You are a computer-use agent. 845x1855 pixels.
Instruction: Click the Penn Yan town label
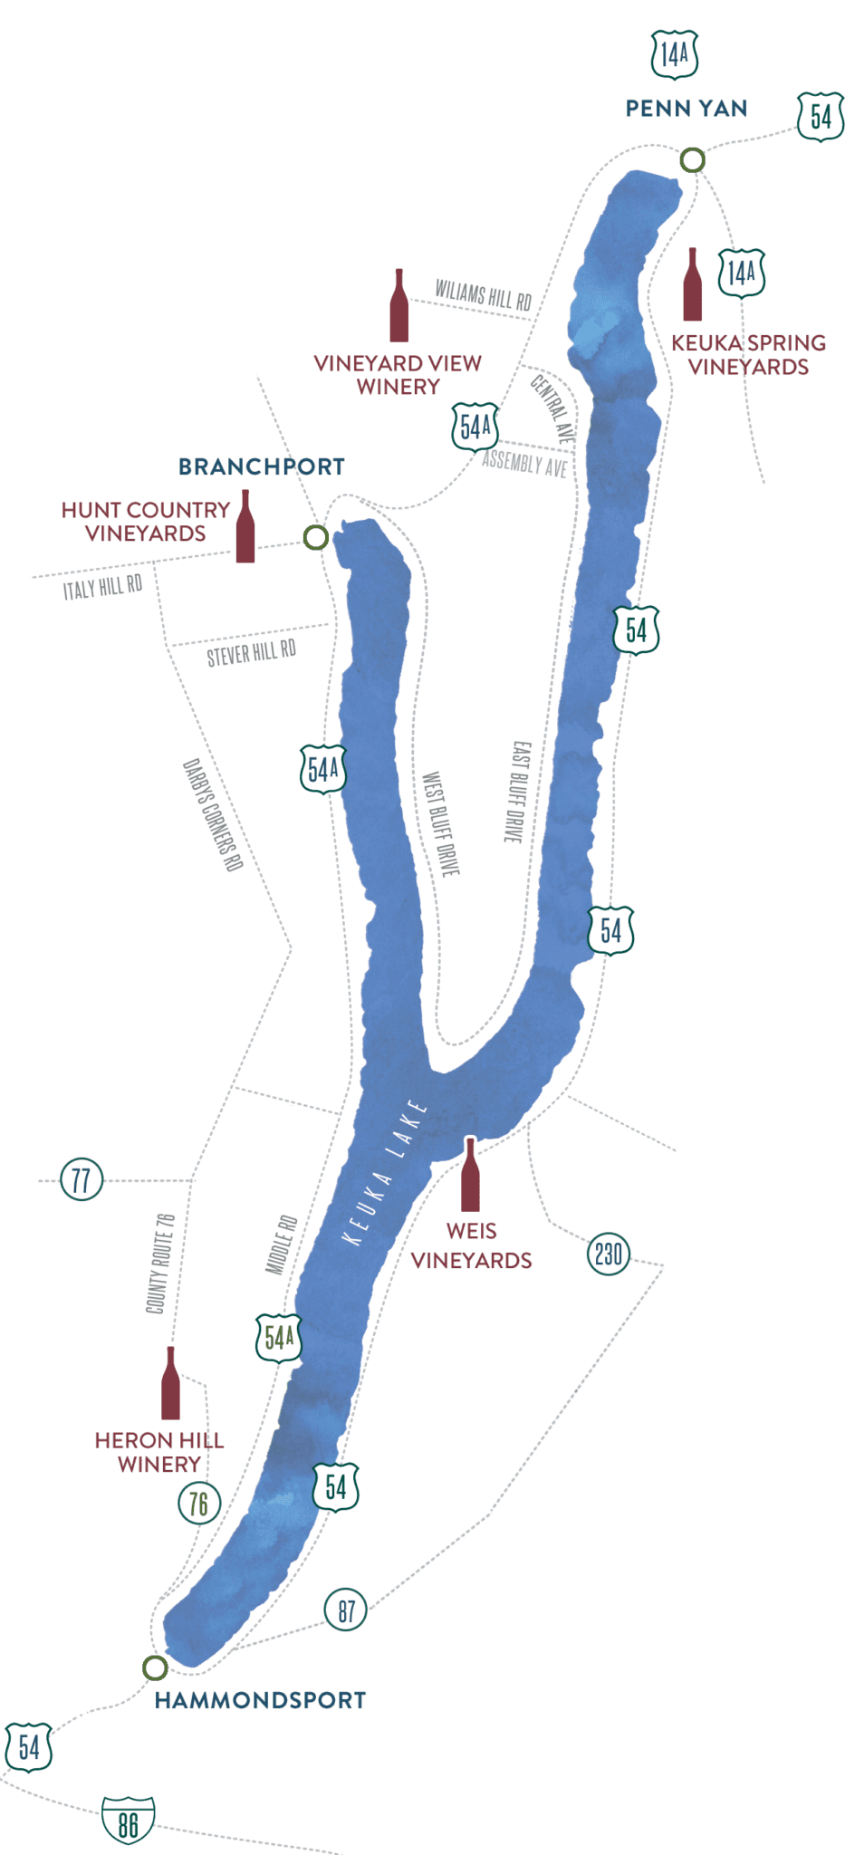[687, 109]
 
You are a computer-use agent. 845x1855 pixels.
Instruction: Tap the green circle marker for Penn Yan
[693, 160]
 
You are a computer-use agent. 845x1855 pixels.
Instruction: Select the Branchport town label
[262, 466]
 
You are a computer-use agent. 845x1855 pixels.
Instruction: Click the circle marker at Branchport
[315, 537]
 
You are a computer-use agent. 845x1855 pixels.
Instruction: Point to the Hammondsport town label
[261, 1700]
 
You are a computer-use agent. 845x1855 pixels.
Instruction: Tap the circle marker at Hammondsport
[155, 1668]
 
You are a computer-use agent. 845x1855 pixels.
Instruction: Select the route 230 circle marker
[609, 1254]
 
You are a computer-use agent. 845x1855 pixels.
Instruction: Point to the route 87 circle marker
[346, 1610]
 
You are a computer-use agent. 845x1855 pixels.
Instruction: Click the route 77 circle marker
[82, 1179]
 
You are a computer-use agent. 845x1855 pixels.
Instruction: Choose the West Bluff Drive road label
[441, 823]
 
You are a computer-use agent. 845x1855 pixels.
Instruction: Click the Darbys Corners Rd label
[213, 814]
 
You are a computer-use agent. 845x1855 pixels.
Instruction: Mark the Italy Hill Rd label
[102, 588]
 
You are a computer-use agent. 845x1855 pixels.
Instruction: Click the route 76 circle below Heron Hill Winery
[199, 1504]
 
